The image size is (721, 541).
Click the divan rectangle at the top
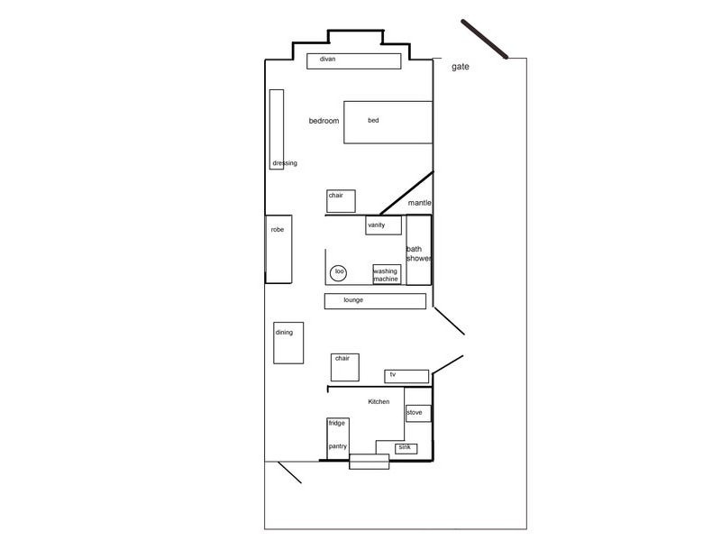pos(353,60)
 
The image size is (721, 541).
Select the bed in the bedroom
pos(388,122)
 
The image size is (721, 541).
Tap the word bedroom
pos(324,121)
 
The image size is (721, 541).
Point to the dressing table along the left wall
pos(277,129)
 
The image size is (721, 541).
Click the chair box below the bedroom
pos(341,200)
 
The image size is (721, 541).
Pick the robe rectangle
pos(278,247)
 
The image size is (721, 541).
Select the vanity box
pos(383,225)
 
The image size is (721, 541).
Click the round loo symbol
pos(339,271)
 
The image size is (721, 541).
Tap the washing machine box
pos(387,274)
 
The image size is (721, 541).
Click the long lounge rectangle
pos(375,300)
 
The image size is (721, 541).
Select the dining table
pos(288,343)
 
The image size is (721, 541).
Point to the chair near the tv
pos(345,367)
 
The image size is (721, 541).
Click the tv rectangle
pos(406,375)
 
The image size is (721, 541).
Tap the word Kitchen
pos(379,401)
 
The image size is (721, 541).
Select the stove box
pos(417,413)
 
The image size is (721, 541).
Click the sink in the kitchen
pos(406,447)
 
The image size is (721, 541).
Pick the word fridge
pos(336,423)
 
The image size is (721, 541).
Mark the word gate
pos(460,67)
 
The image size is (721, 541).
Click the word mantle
pos(420,203)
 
